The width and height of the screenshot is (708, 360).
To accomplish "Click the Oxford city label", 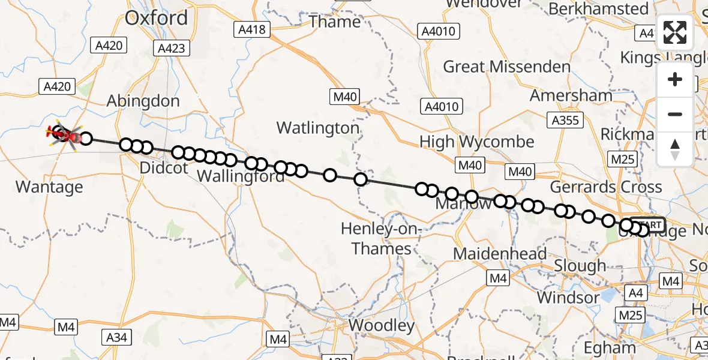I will coord(157,18).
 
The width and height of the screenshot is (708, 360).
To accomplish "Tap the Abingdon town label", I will coord(143,101).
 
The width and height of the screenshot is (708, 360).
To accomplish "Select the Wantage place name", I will coord(49,187).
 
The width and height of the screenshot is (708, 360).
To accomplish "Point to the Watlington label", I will coord(318,128).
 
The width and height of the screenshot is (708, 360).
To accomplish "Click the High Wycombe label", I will coord(476,142).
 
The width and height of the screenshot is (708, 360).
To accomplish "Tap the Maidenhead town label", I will coord(500,253).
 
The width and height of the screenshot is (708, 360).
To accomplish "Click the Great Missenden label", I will coord(506,67).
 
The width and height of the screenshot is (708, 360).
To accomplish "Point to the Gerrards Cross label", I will coord(606,187).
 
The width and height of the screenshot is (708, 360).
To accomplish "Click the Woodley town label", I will coord(382,326).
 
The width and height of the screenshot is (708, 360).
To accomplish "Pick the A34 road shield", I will coord(117,338).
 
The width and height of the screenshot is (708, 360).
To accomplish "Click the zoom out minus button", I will coord(675,114).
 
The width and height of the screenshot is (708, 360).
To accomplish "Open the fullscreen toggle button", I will coord(675,32).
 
